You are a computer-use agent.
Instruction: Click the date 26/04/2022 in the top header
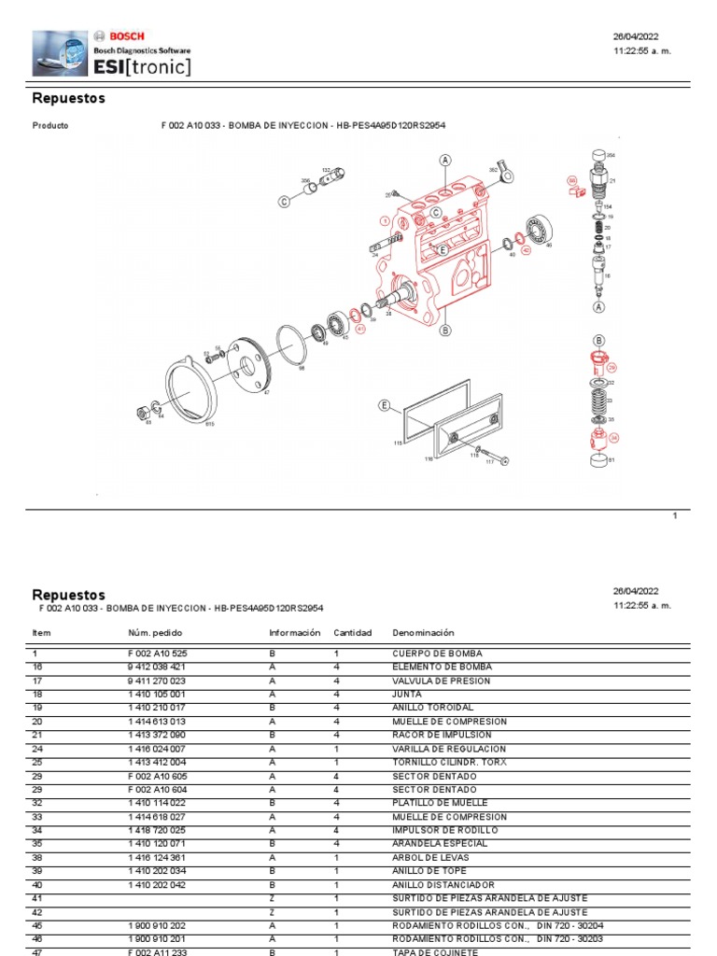point(636,37)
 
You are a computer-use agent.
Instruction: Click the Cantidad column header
point(353,633)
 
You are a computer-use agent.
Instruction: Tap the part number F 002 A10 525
point(158,654)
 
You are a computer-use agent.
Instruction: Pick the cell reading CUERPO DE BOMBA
point(437,654)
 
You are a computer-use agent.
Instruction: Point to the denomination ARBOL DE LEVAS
point(430,857)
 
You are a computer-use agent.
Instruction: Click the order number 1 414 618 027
point(158,816)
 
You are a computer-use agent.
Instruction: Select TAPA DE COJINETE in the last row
point(435,951)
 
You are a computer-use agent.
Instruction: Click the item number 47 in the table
point(38,951)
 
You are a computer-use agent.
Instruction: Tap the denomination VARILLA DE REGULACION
point(449,749)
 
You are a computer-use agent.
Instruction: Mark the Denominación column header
point(423,633)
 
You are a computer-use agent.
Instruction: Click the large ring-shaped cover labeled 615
point(191,396)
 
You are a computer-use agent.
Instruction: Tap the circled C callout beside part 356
point(284,201)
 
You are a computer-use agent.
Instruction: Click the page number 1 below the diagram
point(675,515)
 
